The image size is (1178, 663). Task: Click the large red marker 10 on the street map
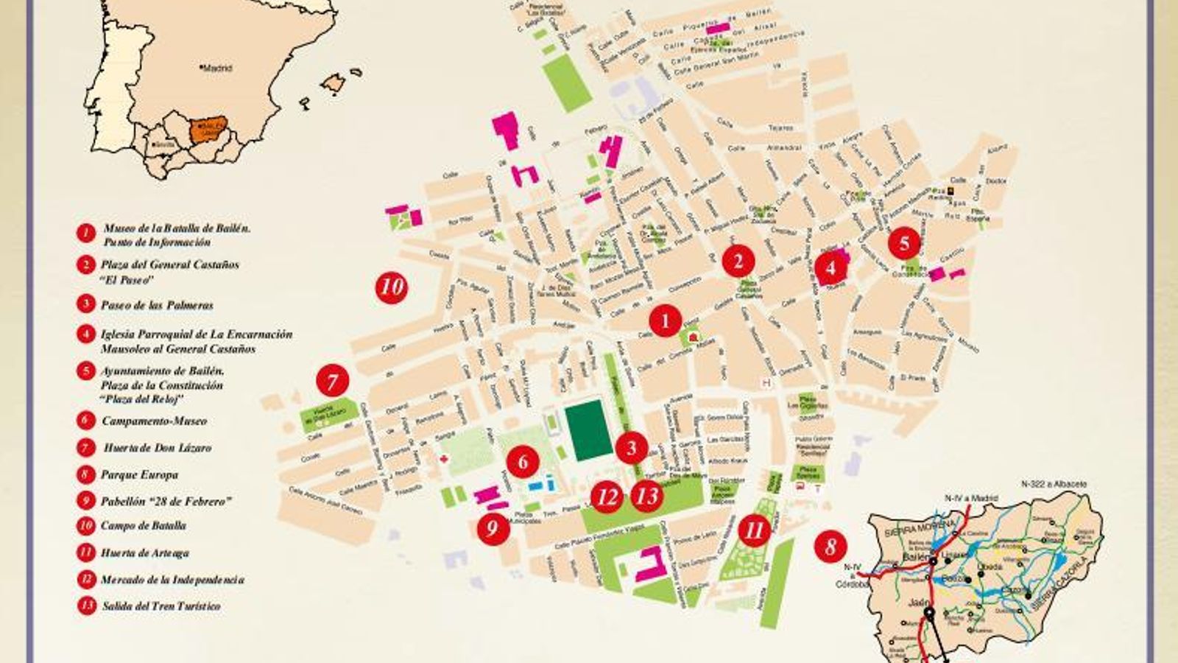392,286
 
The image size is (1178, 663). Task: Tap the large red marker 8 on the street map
830,547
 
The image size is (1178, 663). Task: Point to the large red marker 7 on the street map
332,382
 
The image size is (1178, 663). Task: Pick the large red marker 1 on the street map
666,320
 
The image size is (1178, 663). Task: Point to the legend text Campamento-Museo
154,421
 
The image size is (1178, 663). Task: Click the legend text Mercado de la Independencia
172,580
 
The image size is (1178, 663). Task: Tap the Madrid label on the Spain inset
217,68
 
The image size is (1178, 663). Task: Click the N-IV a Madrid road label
970,499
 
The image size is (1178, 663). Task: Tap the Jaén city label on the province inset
916,602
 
